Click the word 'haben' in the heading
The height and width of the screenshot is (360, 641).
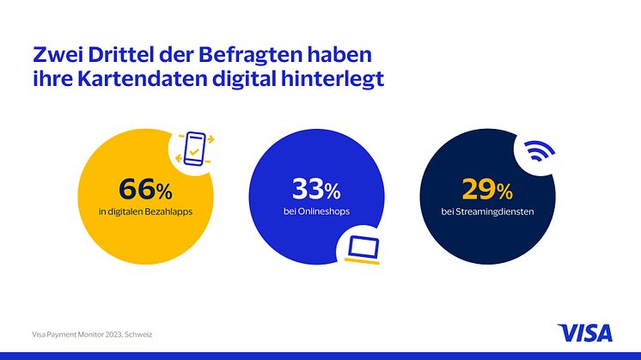coord(341,56)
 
